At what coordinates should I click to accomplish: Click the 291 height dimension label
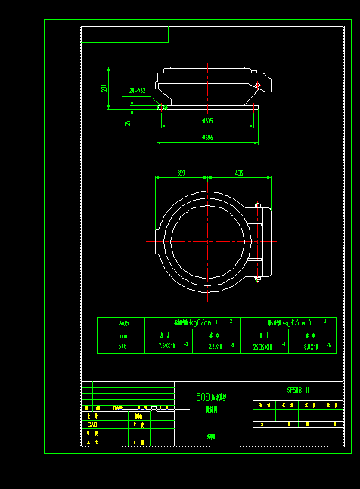(x=104, y=88)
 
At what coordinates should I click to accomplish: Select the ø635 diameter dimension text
(x=207, y=121)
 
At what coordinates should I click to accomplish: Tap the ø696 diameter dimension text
(x=207, y=138)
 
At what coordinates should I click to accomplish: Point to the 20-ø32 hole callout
(x=137, y=90)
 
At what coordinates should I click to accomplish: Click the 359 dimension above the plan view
(x=181, y=173)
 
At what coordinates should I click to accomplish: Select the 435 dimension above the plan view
(x=239, y=173)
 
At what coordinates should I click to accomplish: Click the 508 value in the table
(x=123, y=347)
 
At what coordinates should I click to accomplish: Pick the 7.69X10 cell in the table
(x=167, y=347)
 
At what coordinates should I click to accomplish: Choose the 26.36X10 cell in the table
(x=262, y=347)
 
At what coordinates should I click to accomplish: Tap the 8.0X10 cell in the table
(x=310, y=347)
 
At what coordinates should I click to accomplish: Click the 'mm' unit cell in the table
(x=123, y=335)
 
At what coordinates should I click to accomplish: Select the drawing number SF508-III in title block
(x=298, y=391)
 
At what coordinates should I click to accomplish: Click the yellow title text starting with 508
(x=212, y=397)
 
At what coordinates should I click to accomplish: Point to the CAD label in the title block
(x=92, y=425)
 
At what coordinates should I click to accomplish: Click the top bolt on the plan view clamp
(x=258, y=205)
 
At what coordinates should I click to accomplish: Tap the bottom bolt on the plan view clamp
(x=258, y=279)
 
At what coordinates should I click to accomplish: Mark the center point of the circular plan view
(x=208, y=242)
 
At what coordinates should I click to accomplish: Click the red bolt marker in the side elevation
(x=258, y=85)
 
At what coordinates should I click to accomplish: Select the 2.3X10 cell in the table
(x=215, y=347)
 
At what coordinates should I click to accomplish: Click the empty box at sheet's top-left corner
(x=125, y=35)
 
